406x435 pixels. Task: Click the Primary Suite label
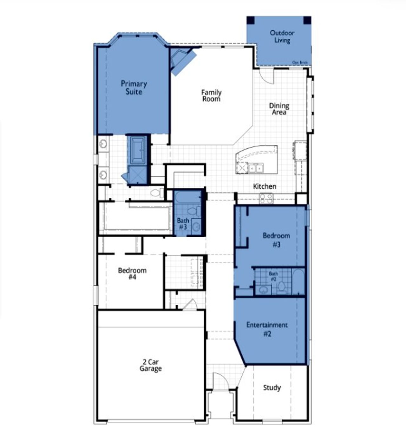tap(134, 88)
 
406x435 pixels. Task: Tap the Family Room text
tap(211, 96)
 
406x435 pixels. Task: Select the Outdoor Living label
tap(282, 36)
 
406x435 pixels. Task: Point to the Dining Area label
tap(279, 109)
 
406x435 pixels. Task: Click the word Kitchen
tap(265, 186)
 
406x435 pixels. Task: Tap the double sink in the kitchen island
tap(256, 168)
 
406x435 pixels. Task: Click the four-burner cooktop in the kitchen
tap(266, 198)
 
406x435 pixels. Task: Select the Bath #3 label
tap(183, 223)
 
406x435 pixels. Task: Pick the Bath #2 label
tap(273, 276)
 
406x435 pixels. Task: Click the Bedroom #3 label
tap(276, 240)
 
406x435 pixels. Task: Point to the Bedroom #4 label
tap(132, 274)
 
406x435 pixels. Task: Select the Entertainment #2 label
tap(267, 329)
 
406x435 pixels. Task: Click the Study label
tap(272, 387)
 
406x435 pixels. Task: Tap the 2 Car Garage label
tap(150, 365)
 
